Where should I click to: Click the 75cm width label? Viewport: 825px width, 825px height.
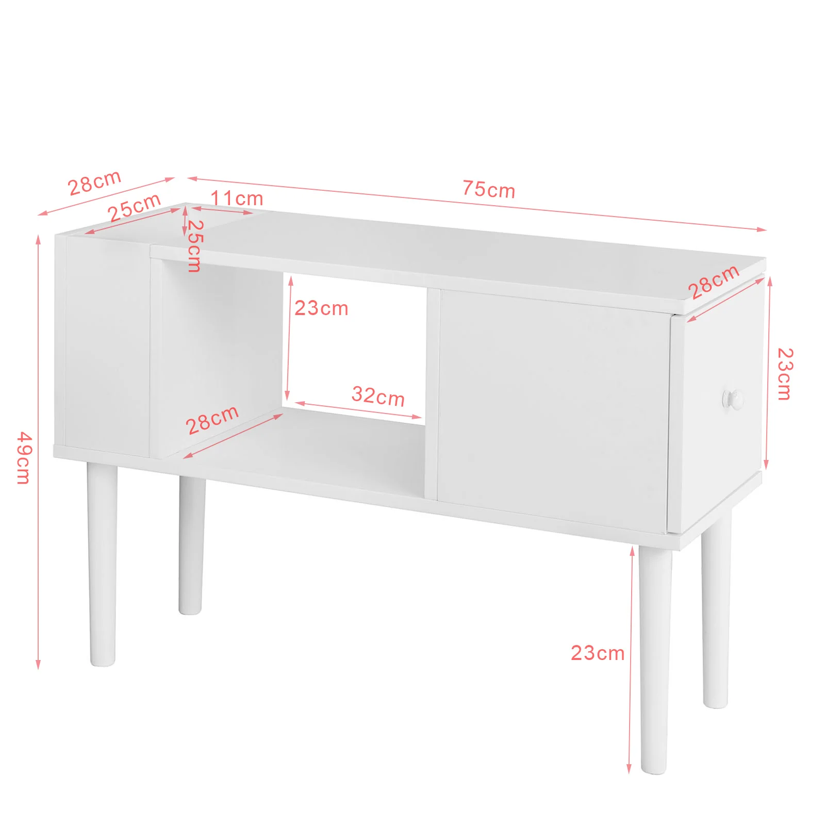(x=488, y=189)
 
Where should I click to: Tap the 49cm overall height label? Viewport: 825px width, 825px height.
(x=24, y=458)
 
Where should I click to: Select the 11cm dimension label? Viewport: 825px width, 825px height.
(x=237, y=198)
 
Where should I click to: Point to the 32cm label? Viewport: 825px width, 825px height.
(x=378, y=396)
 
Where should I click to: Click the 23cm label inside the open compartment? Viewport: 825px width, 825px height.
(x=321, y=308)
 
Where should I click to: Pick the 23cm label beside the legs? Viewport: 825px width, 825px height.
(x=597, y=653)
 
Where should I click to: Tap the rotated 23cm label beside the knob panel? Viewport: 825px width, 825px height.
(x=784, y=374)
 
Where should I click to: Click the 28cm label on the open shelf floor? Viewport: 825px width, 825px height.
(x=212, y=420)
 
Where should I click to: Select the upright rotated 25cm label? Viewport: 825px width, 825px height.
(x=195, y=245)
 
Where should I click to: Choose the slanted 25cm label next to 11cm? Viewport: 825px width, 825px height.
(x=134, y=207)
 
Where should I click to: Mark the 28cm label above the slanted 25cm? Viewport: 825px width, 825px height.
(x=94, y=183)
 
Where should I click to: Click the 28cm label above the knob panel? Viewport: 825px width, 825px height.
(x=714, y=282)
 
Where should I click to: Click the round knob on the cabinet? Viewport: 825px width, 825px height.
(x=733, y=400)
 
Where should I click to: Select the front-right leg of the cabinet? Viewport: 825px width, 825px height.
(x=655, y=659)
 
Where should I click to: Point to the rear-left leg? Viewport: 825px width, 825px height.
(x=191, y=545)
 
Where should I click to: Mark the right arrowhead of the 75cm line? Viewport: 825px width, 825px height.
(x=761, y=229)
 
